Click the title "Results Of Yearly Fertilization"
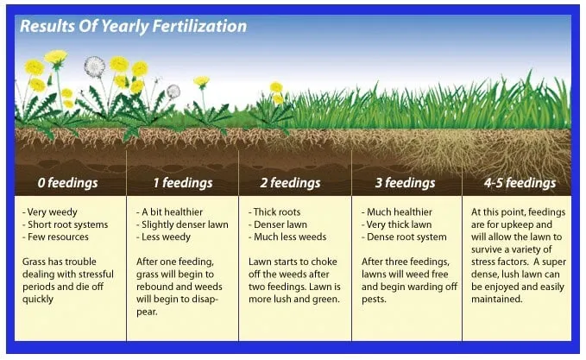[x=133, y=26]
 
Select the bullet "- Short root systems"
[x=67, y=224]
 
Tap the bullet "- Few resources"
[x=58, y=236]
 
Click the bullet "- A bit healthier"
[x=170, y=212]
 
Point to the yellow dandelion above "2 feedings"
[x=276, y=87]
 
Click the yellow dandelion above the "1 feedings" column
[x=201, y=81]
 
